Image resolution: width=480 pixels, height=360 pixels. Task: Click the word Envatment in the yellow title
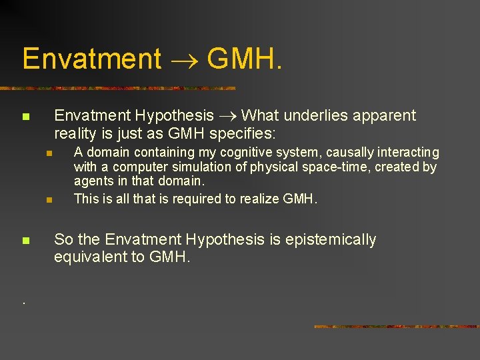pyautogui.click(x=91, y=59)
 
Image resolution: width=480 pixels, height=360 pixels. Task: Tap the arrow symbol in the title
pyautogui.click(x=184, y=60)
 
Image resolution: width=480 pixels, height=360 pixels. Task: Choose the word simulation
pyautogui.click(x=177, y=167)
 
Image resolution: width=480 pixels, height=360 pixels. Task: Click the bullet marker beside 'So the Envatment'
pyautogui.click(x=25, y=241)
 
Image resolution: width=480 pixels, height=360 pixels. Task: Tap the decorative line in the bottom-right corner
pyautogui.click(x=396, y=327)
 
